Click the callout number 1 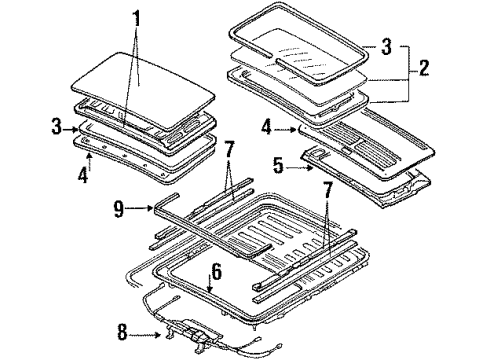tap(137, 19)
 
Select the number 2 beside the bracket tap(423, 68)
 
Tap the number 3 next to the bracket tap(386, 46)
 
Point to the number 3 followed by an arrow tap(57, 127)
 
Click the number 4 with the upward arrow tap(83, 174)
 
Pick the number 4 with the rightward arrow tap(267, 127)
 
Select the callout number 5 tap(279, 166)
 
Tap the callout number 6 tap(217, 272)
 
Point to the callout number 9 tap(119, 209)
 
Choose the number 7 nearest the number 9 tap(230, 149)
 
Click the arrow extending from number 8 tap(145, 335)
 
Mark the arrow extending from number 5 tap(300, 168)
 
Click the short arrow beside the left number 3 tap(71, 129)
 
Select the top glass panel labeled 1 tap(143, 90)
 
